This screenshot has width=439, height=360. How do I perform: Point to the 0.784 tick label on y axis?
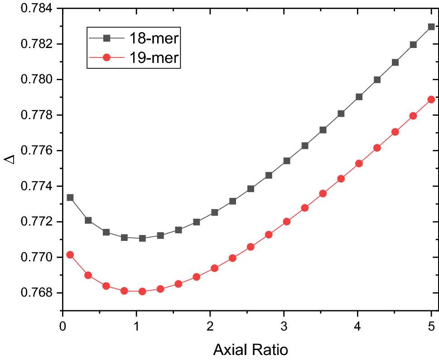coord(39,9)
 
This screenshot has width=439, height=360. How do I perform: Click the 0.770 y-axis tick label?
coord(39,257)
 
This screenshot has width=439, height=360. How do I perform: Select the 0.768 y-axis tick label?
coord(39,293)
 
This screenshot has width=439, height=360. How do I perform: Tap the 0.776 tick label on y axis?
coord(39,151)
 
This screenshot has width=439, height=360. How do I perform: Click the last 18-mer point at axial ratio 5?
coord(431,27)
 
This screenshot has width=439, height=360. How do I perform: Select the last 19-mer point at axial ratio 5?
coord(431,100)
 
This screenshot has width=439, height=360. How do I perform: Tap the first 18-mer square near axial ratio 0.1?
coord(70,197)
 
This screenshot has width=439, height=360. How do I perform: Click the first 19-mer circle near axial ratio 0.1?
coord(70,255)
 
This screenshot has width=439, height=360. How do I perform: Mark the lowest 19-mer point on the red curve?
coord(142,292)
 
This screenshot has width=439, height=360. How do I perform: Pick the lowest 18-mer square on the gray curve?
coord(142,238)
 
